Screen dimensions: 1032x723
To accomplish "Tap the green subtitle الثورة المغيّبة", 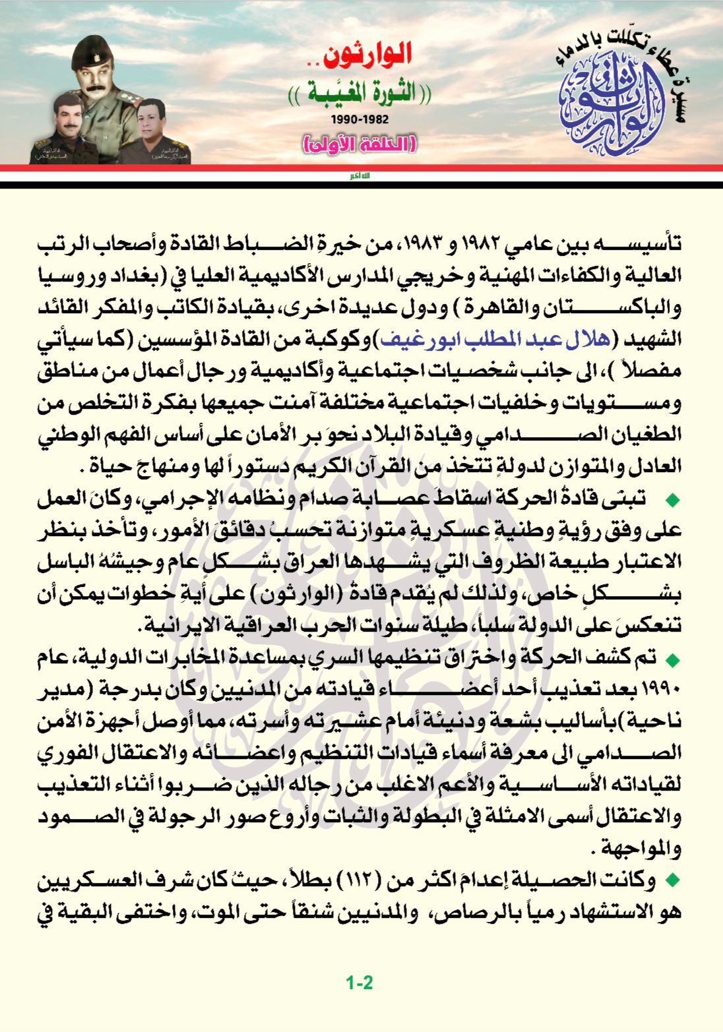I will point(362,93).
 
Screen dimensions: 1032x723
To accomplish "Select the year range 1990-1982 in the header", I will point(361,120).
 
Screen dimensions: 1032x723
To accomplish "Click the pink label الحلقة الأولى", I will point(361,143).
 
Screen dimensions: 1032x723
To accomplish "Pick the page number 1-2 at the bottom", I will point(360,982).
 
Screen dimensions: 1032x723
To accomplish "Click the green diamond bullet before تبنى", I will point(673,500).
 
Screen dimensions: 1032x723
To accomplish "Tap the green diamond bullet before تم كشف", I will point(673,659).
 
